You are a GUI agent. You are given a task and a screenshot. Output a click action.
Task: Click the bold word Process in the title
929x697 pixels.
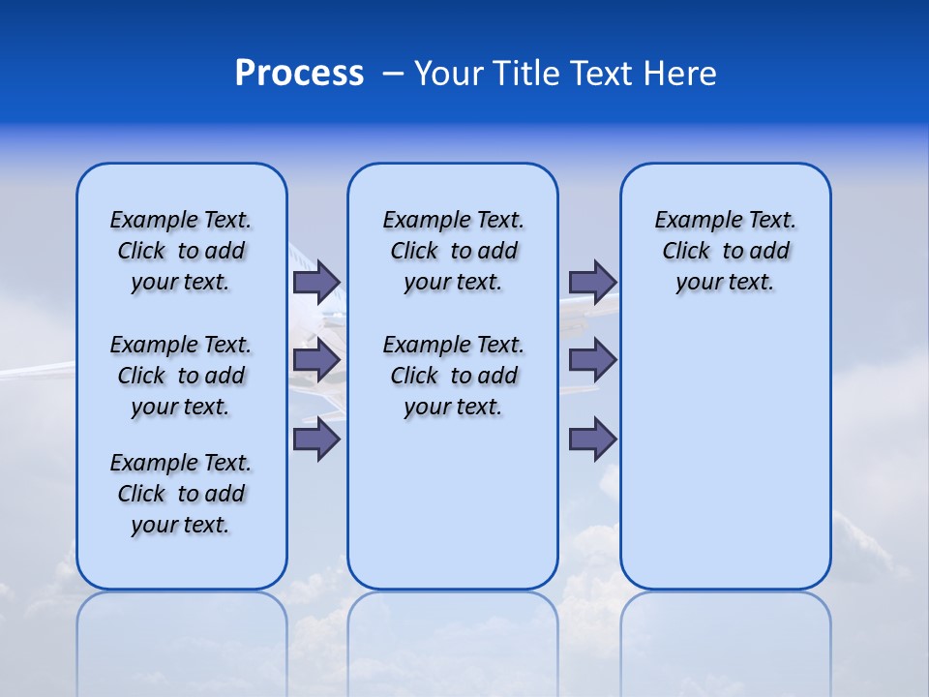(299, 74)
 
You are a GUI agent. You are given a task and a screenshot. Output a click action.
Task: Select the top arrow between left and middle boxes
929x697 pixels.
(316, 282)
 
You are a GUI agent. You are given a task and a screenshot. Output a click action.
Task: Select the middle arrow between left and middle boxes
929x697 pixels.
(316, 360)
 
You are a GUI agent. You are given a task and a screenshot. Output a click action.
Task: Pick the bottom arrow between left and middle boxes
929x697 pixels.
(316, 439)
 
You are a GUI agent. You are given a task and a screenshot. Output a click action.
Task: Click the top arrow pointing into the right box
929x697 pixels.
(592, 282)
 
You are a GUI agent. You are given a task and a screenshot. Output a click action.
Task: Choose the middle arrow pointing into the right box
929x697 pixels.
(592, 360)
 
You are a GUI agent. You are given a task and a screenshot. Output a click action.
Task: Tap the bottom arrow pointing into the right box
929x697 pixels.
(592, 439)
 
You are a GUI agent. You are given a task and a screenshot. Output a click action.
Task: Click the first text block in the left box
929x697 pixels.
(181, 251)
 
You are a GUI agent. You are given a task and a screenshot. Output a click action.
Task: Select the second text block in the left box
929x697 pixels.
(181, 376)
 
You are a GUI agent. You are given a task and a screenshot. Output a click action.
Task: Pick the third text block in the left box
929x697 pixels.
(181, 494)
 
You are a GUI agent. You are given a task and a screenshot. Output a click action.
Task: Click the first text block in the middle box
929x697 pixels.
(453, 251)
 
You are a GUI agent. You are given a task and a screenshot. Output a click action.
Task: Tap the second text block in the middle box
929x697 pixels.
(453, 376)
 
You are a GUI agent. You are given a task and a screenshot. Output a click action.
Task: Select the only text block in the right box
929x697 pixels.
(725, 251)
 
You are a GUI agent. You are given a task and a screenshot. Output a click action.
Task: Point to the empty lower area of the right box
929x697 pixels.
(725, 465)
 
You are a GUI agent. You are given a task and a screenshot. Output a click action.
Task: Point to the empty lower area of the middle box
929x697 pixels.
(453, 503)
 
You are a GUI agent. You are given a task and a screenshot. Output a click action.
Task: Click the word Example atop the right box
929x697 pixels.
(690, 220)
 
